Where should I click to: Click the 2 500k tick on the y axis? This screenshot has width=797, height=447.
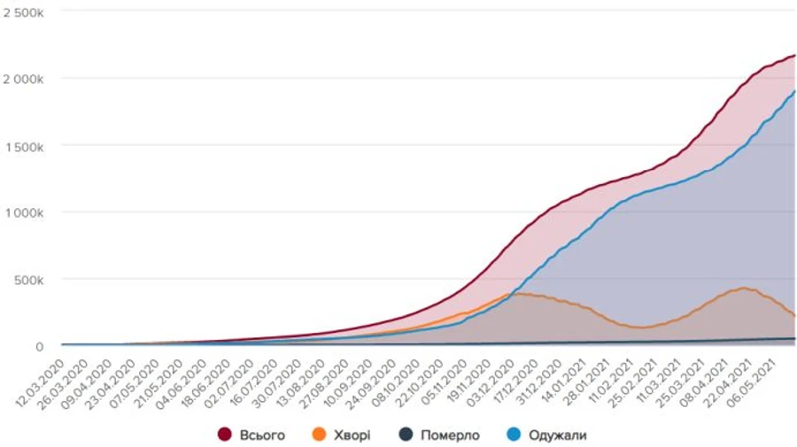(x=29, y=12)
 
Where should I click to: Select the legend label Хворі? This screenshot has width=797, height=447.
(x=352, y=435)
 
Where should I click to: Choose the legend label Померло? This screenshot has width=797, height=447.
(x=451, y=435)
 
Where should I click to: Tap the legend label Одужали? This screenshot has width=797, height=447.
(x=558, y=435)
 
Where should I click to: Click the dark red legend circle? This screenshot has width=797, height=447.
(x=225, y=435)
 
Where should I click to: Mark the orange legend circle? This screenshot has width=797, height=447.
(x=321, y=435)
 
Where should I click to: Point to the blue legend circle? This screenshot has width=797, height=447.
(x=514, y=435)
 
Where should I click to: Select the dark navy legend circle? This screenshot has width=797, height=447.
(x=405, y=435)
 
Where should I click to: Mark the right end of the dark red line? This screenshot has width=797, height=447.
(x=794, y=55)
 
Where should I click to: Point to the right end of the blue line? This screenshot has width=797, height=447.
(x=794, y=90)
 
